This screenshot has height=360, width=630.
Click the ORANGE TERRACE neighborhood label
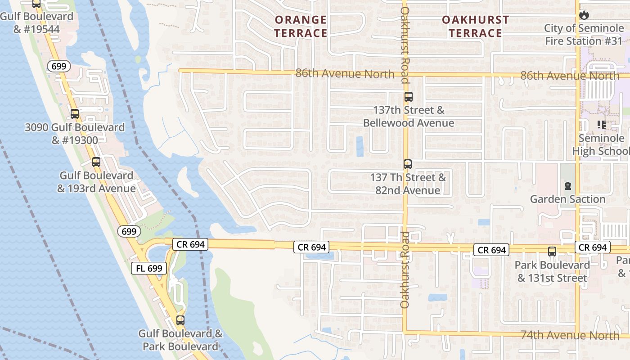301,27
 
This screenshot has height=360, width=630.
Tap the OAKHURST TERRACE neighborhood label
475,27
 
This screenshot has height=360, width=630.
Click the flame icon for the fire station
584,15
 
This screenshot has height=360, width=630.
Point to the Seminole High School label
601,144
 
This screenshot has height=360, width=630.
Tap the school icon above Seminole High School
601,125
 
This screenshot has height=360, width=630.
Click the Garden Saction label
567,199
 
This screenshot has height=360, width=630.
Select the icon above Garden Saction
567,185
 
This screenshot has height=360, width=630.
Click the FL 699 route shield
149,269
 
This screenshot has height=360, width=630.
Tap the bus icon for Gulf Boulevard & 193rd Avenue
96,162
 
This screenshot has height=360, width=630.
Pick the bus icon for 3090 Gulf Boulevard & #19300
75,114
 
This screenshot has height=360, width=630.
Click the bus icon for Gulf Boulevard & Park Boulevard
180,320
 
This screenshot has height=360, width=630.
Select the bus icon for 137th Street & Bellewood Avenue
408,97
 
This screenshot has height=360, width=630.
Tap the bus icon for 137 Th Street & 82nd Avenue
408,164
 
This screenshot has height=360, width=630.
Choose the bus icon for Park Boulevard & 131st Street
552,252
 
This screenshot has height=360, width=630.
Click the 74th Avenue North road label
570,335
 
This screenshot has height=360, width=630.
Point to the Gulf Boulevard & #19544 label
36,23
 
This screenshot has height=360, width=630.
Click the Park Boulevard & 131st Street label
552,271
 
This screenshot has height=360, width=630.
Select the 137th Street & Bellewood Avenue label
408,117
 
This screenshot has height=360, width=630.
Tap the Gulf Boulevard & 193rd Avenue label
96,182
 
